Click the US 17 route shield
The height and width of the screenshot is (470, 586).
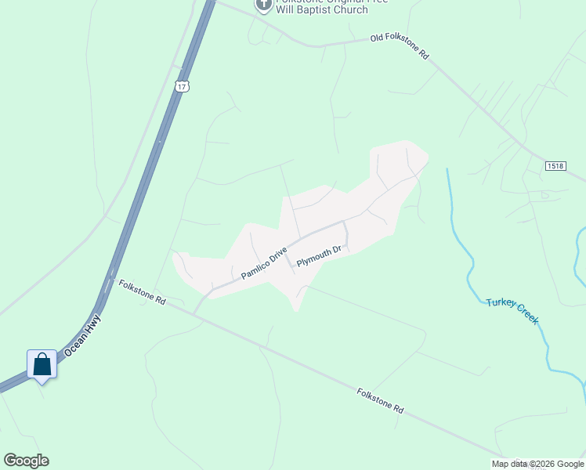coord(182,86)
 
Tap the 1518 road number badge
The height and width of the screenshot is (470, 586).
coord(556,166)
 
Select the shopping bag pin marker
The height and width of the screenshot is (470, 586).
coord(42,365)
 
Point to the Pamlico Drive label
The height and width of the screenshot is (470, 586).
coord(265,264)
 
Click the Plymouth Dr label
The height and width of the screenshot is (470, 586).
coord(320,256)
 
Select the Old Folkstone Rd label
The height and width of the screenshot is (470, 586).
coord(400,46)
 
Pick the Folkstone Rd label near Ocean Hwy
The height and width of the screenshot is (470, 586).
coord(143,291)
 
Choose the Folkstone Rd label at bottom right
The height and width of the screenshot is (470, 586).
coord(380,400)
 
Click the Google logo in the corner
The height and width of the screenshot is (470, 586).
coord(26,461)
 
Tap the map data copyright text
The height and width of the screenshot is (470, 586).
coord(537,464)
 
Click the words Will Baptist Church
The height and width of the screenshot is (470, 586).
coord(322,10)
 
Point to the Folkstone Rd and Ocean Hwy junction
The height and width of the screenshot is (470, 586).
coord(110,278)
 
